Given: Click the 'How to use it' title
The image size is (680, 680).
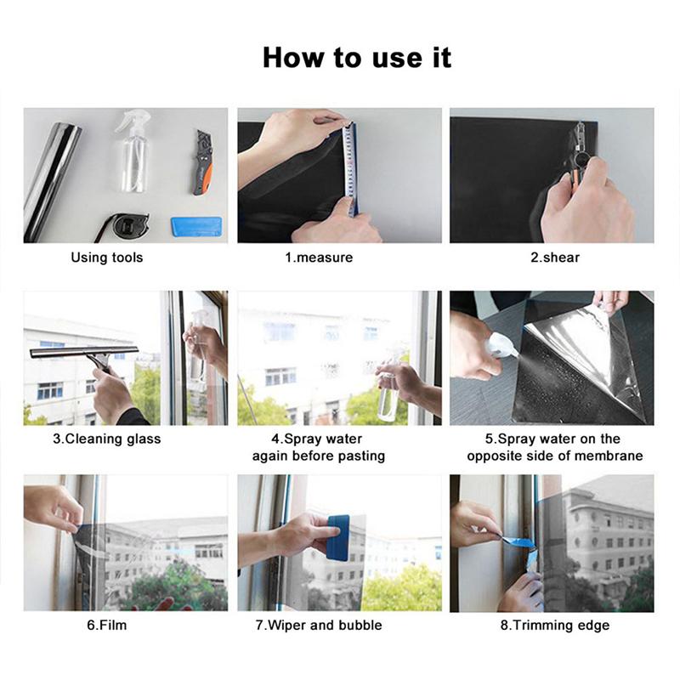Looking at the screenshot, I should pyautogui.click(x=357, y=58).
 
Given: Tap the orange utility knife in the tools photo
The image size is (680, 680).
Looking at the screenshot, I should pyautogui.click(x=203, y=162).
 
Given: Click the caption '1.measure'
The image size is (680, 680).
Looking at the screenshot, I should pyautogui.click(x=319, y=257).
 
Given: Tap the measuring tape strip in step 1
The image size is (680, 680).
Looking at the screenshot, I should pyautogui.click(x=349, y=166).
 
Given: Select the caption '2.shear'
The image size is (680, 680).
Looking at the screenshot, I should pyautogui.click(x=555, y=257).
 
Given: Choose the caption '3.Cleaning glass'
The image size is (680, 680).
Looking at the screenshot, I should pyautogui.click(x=107, y=439).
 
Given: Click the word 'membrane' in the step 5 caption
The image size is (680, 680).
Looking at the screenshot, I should pyautogui.click(x=610, y=456).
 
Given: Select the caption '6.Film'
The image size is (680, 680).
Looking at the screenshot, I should pyautogui.click(x=106, y=626).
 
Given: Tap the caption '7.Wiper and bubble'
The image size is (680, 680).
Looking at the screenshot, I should pyautogui.click(x=319, y=626).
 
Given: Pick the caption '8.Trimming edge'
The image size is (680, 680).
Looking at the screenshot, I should pyautogui.click(x=555, y=626).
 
